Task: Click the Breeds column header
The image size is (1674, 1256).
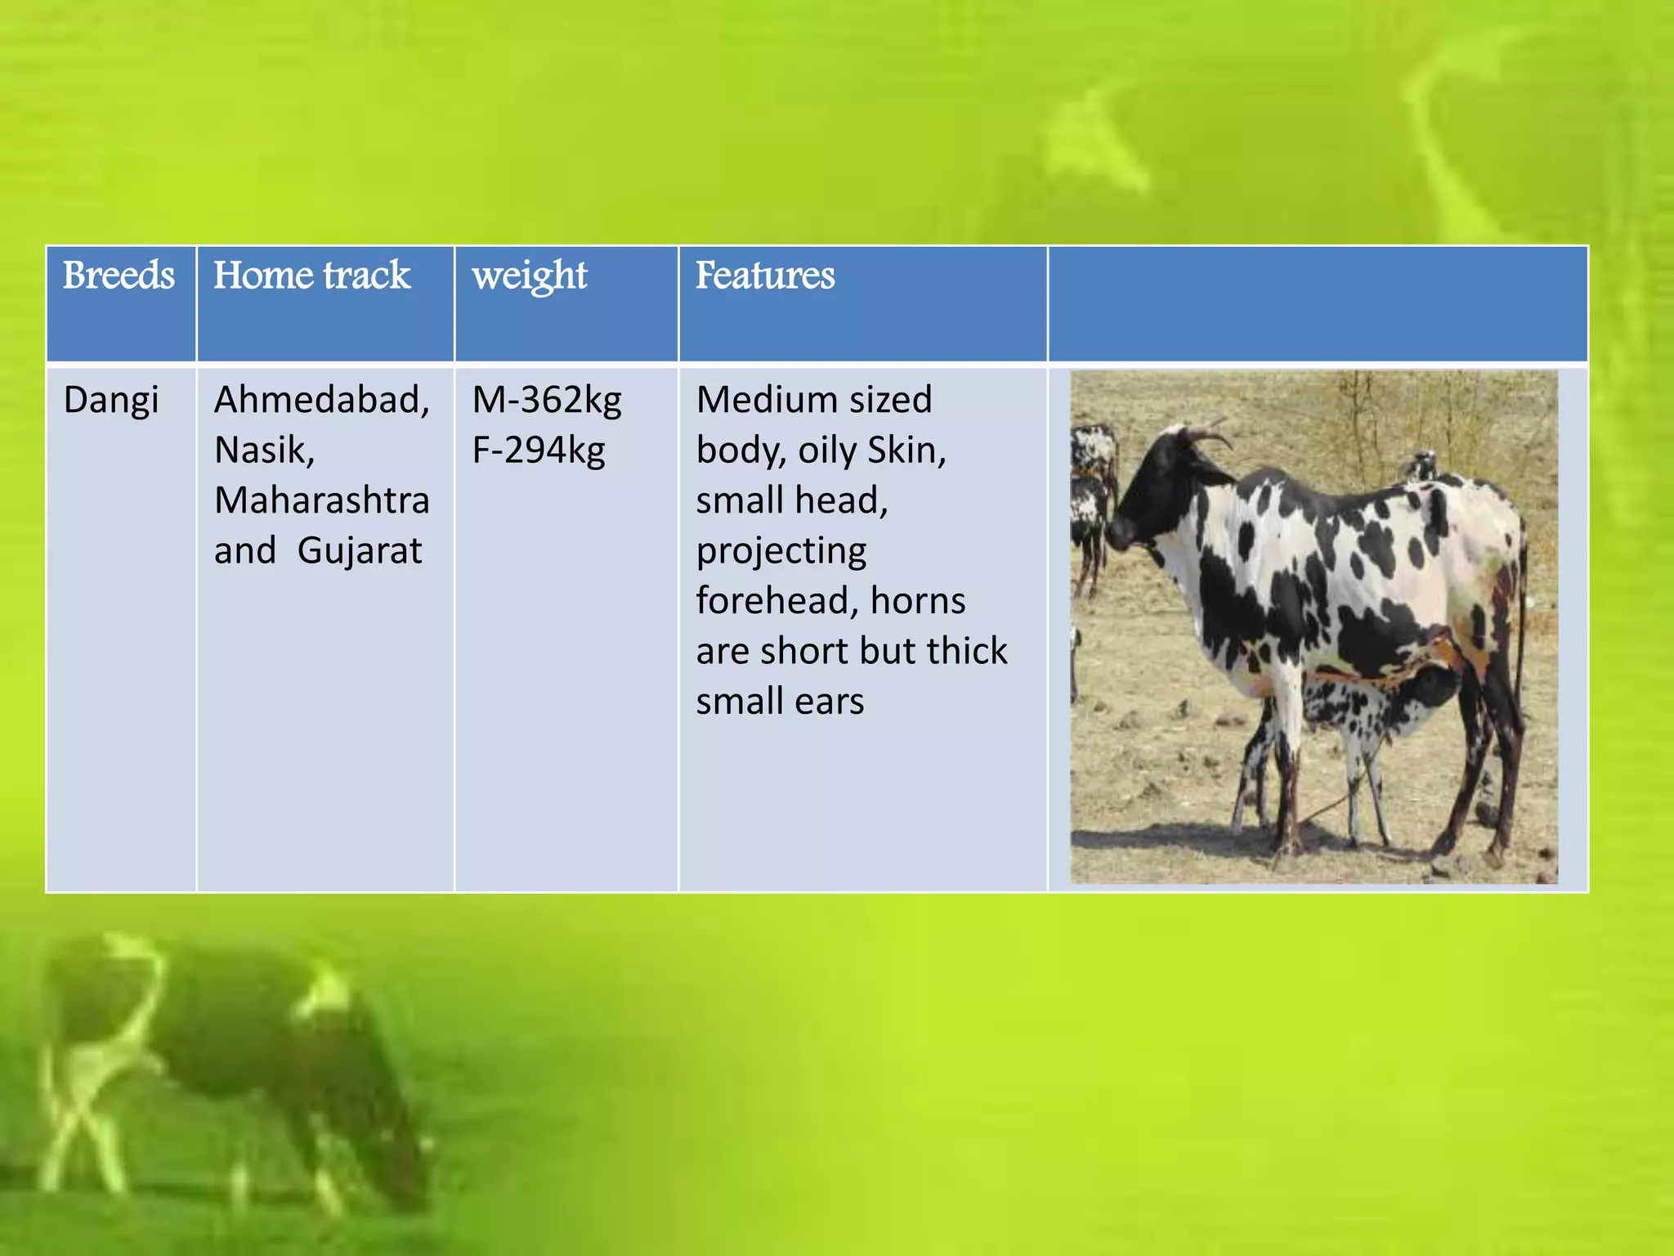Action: [119, 276]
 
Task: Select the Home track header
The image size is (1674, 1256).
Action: [311, 276]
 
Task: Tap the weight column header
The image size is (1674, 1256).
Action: [530, 276]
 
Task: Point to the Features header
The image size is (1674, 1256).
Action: [765, 276]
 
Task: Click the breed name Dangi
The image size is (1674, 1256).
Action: [111, 401]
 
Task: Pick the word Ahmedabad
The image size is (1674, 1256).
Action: [320, 401]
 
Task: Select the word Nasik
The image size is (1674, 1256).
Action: [263, 451]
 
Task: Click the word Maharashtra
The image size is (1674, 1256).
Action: [321, 500]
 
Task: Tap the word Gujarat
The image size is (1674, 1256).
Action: [360, 551]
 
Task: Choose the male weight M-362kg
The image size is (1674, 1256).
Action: [547, 401]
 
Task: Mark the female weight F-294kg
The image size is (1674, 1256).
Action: [539, 451]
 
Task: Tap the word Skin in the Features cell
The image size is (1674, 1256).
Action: [906, 451]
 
